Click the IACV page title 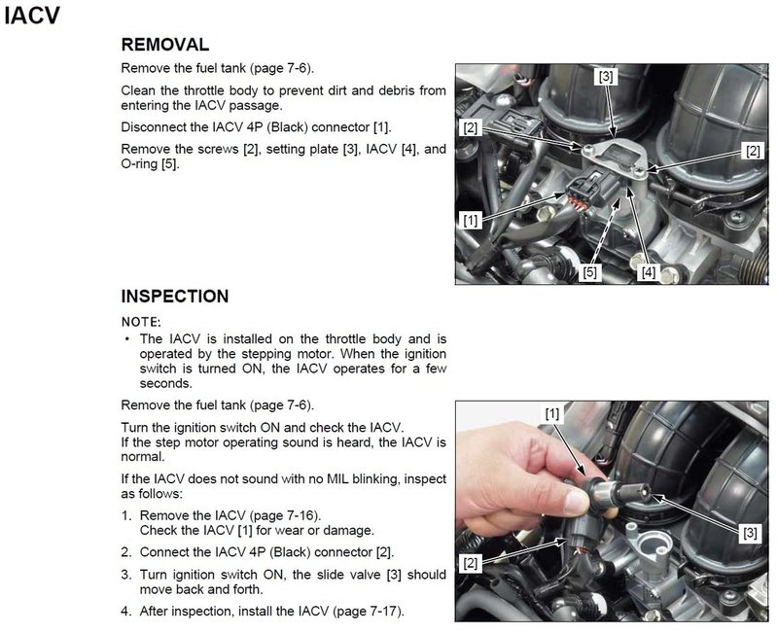click(32, 16)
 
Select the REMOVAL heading click(164, 45)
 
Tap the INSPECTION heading click(175, 297)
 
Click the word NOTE click(140, 322)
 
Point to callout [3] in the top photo click(605, 77)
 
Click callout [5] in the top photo click(589, 272)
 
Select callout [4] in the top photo click(649, 272)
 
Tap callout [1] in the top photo click(471, 220)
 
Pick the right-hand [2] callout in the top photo click(753, 151)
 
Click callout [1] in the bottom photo click(552, 413)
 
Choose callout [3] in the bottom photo click(750, 533)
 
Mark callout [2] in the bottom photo click(471, 563)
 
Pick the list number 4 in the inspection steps click(125, 612)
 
